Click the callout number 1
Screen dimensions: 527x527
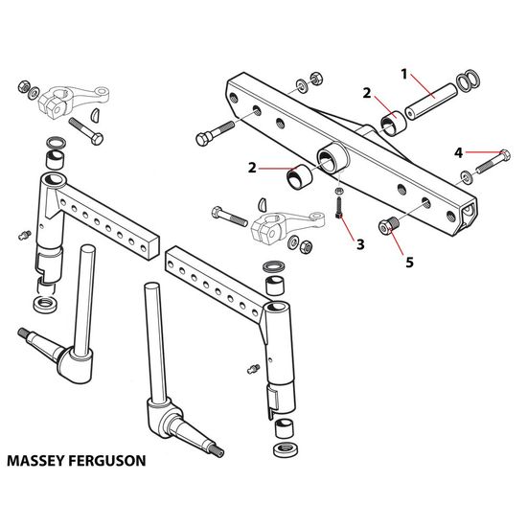tap(404, 75)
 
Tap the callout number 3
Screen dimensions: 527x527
tap(360, 244)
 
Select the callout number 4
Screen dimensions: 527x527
tap(458, 153)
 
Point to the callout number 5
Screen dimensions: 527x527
tap(409, 263)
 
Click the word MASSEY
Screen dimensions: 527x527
tap(36, 461)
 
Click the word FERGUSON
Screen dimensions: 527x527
tap(107, 461)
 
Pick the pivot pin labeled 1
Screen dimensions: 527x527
tap(431, 102)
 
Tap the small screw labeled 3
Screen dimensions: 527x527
tap(339, 208)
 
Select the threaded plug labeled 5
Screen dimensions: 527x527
tap(389, 226)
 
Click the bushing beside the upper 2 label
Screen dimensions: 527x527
tap(393, 122)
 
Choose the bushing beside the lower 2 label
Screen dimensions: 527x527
tap(300, 177)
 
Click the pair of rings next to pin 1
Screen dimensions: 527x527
tap(469, 80)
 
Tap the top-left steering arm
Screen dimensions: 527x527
tap(73, 102)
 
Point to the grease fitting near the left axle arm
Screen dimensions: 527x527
tap(25, 235)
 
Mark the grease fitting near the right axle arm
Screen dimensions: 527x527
tap(253, 369)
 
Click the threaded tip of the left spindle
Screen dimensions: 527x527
tap(24, 333)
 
